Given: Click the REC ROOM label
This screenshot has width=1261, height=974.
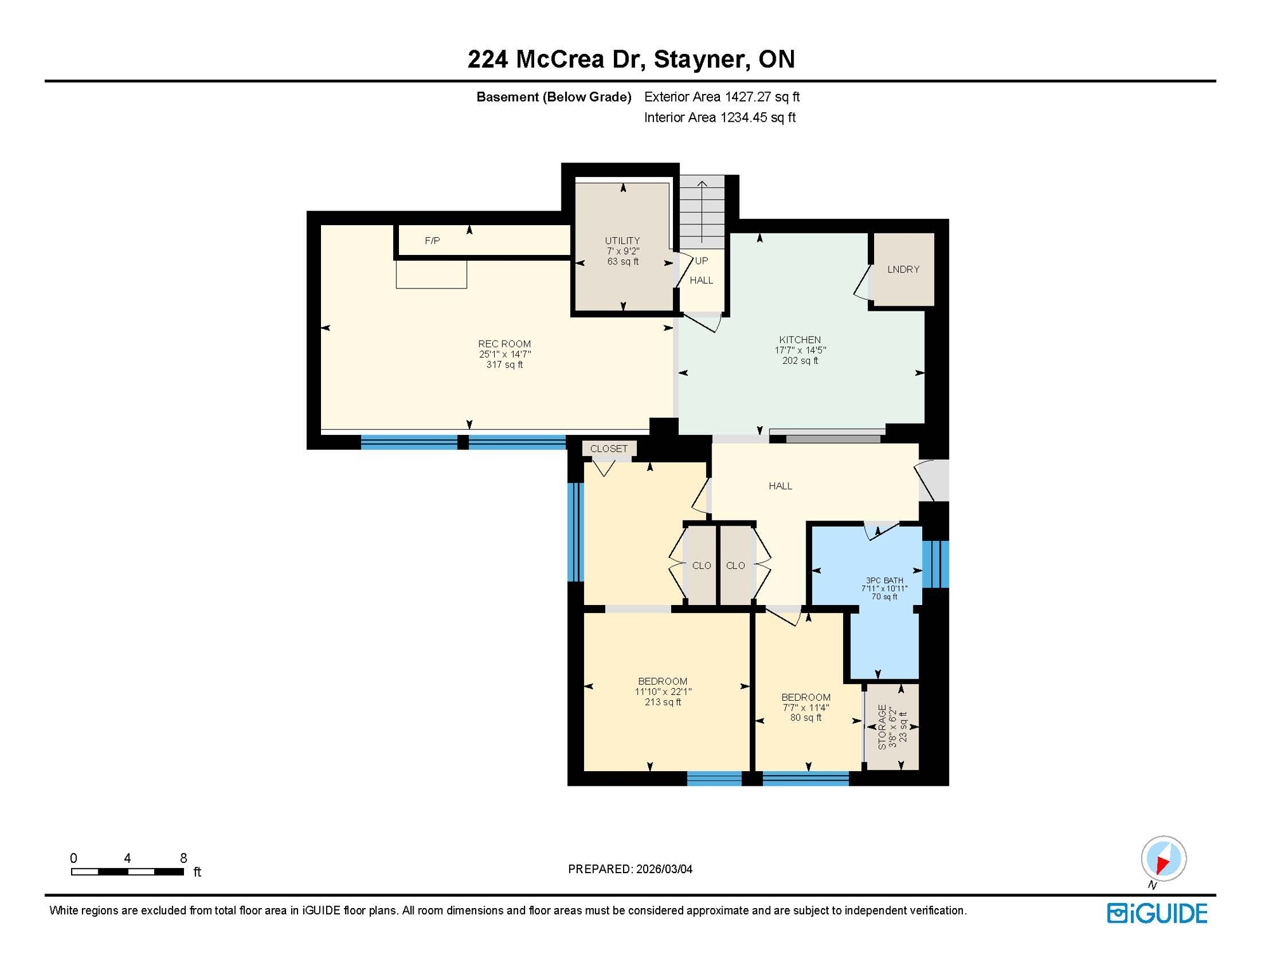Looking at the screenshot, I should [x=504, y=344].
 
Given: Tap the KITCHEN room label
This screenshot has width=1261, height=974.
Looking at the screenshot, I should [x=800, y=340].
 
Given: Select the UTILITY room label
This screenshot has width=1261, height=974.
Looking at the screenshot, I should [x=622, y=241].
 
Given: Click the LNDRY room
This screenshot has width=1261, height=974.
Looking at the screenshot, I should [x=903, y=269].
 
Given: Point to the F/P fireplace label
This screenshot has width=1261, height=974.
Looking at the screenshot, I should [x=432, y=241].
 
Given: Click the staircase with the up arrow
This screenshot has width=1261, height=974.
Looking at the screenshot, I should [x=702, y=212].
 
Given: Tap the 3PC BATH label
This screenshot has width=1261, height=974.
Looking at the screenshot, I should [x=884, y=580].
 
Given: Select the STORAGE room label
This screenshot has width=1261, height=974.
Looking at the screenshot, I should [x=882, y=727].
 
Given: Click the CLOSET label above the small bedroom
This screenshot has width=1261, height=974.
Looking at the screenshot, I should [x=608, y=449].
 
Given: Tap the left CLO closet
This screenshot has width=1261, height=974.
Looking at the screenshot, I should [x=701, y=566].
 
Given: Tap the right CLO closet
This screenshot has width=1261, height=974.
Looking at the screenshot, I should [x=735, y=566].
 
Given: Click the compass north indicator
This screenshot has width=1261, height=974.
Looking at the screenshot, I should [x=1163, y=860].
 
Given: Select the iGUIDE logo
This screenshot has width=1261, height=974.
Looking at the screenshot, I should [x=1157, y=913].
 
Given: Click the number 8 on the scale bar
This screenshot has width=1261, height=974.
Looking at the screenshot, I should [x=183, y=858].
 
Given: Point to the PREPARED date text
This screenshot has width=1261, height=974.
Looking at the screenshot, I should [x=630, y=869].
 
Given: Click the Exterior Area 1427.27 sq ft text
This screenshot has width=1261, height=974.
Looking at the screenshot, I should [x=721, y=97].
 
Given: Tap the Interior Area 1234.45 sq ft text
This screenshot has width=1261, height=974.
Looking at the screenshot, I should [x=719, y=117].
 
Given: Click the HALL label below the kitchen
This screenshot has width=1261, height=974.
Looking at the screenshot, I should [x=780, y=486].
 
